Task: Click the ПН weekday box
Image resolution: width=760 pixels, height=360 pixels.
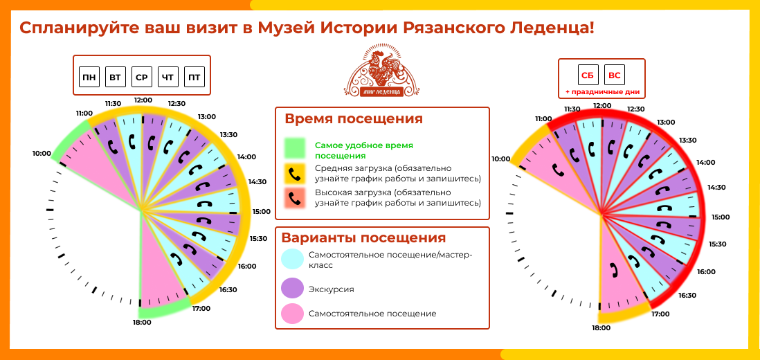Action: (x=89, y=77)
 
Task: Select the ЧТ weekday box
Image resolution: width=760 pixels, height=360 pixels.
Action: (x=168, y=77)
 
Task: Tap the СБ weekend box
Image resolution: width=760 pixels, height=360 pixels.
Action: (x=588, y=75)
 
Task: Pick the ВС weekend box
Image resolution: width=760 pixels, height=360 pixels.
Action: (x=615, y=75)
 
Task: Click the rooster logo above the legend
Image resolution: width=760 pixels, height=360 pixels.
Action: (x=382, y=71)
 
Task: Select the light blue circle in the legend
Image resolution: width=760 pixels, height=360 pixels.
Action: (x=293, y=260)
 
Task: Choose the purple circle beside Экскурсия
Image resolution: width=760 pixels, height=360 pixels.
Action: (x=293, y=289)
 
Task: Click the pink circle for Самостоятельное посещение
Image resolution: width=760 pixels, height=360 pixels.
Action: (x=293, y=314)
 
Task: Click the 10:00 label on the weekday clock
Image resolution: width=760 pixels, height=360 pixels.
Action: (x=42, y=154)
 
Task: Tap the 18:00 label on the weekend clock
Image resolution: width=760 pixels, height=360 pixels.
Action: (x=601, y=328)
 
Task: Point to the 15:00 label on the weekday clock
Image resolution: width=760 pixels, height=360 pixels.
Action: (x=262, y=212)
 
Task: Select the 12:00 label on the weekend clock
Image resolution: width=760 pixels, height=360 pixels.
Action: (x=602, y=105)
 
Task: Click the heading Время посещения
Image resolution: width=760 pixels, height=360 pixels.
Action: (x=354, y=119)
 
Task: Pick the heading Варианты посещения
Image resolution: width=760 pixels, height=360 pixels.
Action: (x=363, y=238)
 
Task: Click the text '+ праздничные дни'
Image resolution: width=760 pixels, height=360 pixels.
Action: (x=601, y=91)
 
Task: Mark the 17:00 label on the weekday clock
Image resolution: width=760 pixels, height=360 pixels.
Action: (x=201, y=308)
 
